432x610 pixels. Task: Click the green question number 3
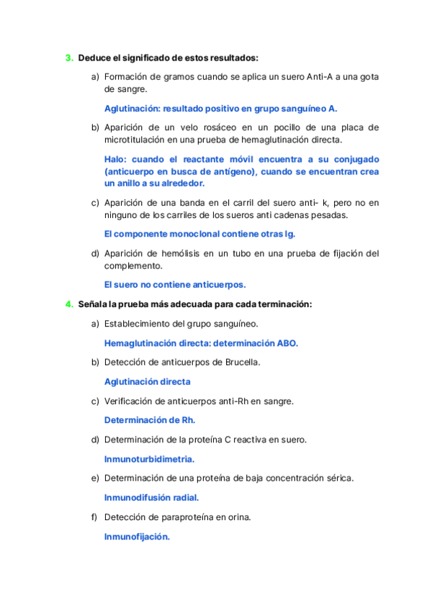click(68, 57)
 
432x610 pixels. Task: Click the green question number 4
click(68, 304)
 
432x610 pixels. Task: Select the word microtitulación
click(138, 140)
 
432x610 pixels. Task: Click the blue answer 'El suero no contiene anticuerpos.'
click(175, 284)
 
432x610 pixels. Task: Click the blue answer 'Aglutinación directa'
click(148, 381)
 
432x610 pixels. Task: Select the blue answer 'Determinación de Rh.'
click(150, 420)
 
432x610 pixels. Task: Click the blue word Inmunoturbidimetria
click(149, 458)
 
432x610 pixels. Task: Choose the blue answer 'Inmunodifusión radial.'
click(151, 497)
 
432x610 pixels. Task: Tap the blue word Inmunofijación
click(137, 536)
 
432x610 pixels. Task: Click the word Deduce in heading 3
click(94, 57)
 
